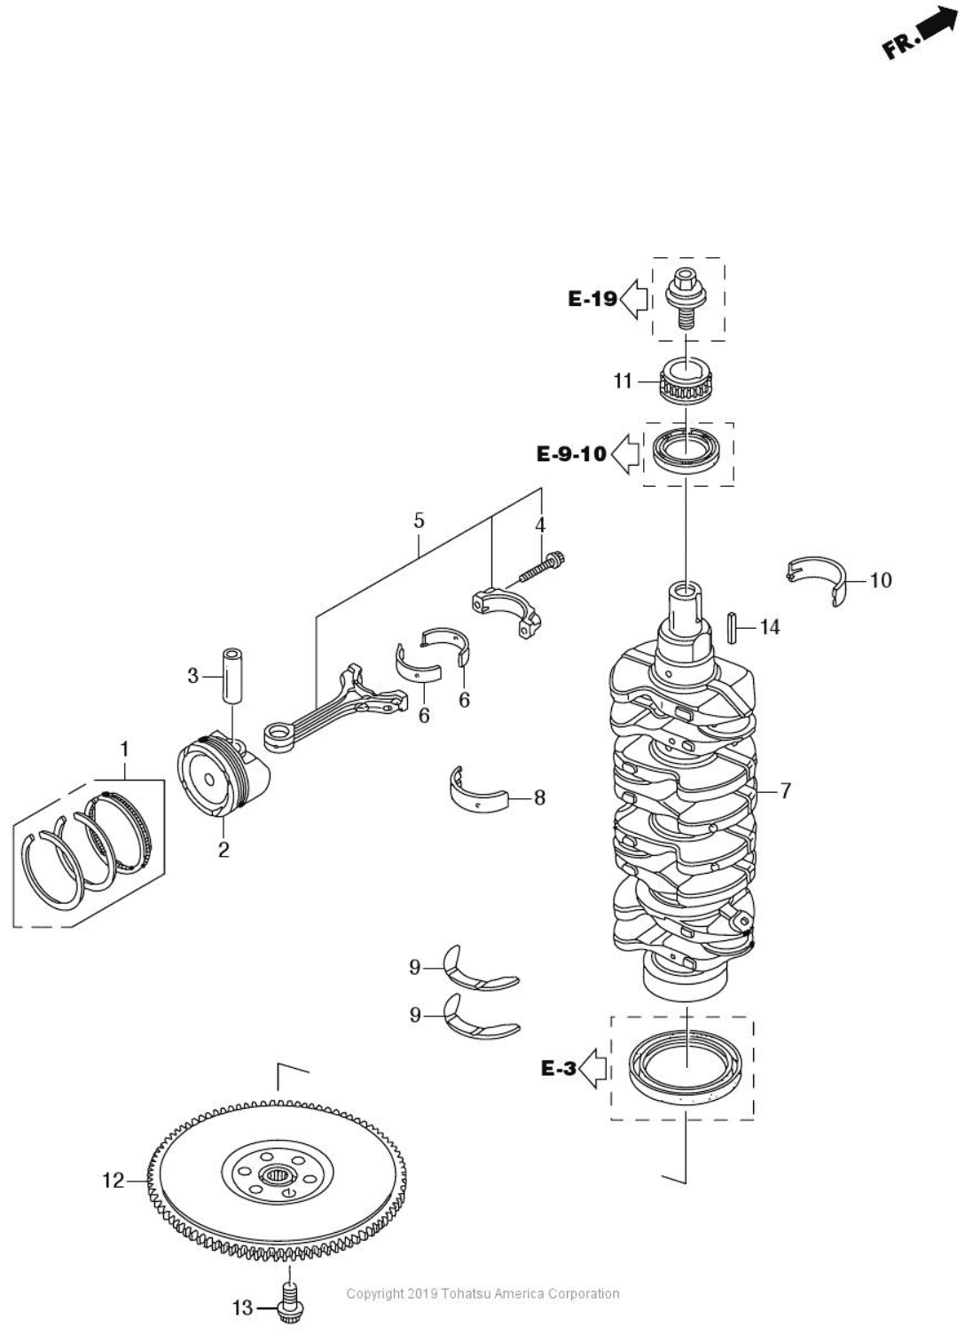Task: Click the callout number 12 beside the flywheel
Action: (114, 1181)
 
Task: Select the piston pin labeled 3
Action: (231, 676)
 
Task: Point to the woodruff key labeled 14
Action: (733, 627)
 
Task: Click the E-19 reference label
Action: (592, 299)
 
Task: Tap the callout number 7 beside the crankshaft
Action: (785, 790)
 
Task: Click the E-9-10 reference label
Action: (572, 454)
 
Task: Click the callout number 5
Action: (419, 521)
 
